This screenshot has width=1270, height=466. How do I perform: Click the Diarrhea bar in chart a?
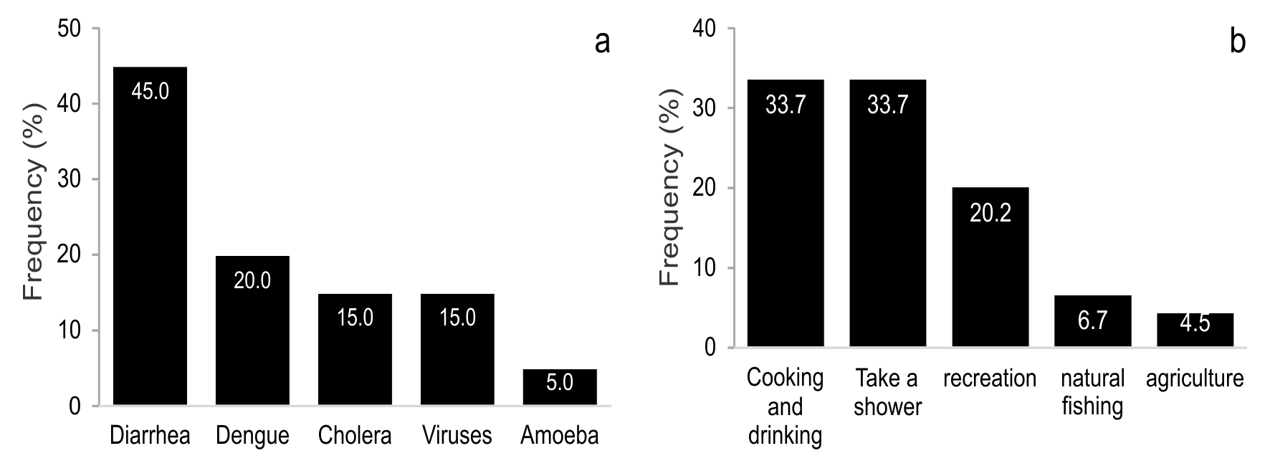(x=150, y=237)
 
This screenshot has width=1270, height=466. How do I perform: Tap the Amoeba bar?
(x=560, y=388)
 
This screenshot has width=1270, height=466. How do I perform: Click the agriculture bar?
(x=1195, y=331)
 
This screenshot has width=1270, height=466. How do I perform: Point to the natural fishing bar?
(x=1092, y=322)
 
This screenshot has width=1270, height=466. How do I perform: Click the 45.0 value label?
(x=150, y=91)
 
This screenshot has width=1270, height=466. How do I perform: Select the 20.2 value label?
(x=990, y=213)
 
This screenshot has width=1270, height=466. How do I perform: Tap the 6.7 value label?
(x=1092, y=320)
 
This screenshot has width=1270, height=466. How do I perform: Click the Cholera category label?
(x=355, y=436)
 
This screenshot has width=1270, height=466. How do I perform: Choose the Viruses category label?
(x=457, y=436)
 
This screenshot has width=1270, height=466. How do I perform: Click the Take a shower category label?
(x=887, y=392)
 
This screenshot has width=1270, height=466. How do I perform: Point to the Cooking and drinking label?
(x=785, y=406)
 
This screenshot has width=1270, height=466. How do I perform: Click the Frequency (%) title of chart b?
(x=669, y=215)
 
